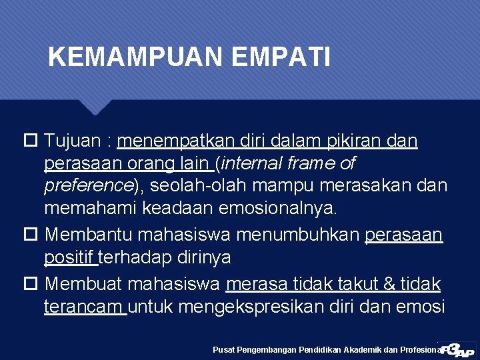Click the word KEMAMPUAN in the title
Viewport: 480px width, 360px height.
tap(137, 57)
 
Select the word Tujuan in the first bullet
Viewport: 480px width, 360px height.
tap(73, 141)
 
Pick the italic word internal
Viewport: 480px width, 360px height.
tap(256, 163)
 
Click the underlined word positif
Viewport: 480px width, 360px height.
tap(69, 257)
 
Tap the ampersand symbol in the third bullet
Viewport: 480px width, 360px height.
tap(389, 284)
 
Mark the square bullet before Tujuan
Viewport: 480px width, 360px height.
tap(29, 141)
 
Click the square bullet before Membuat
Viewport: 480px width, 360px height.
tap(29, 284)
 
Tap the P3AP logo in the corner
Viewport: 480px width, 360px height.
tap(456, 347)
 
